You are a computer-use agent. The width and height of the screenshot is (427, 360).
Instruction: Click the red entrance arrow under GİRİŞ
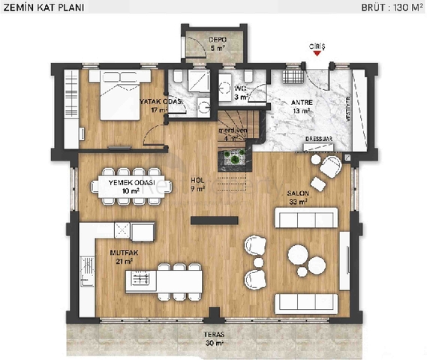(318, 53)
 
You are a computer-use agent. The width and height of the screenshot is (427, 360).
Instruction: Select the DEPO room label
(217, 42)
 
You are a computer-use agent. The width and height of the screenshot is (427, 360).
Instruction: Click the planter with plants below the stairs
(233, 157)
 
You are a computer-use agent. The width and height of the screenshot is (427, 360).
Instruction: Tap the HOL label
(197, 181)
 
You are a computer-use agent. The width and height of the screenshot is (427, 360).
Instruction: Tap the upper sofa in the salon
(305, 217)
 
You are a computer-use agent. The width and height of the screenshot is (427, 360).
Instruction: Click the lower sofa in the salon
(305, 302)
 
